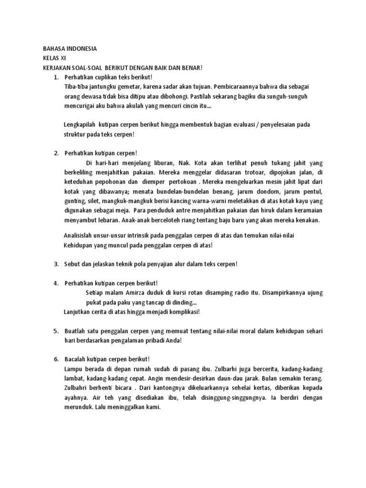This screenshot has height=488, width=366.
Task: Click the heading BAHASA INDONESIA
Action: pos(70,49)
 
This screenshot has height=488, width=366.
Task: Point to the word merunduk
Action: pos(79,407)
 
